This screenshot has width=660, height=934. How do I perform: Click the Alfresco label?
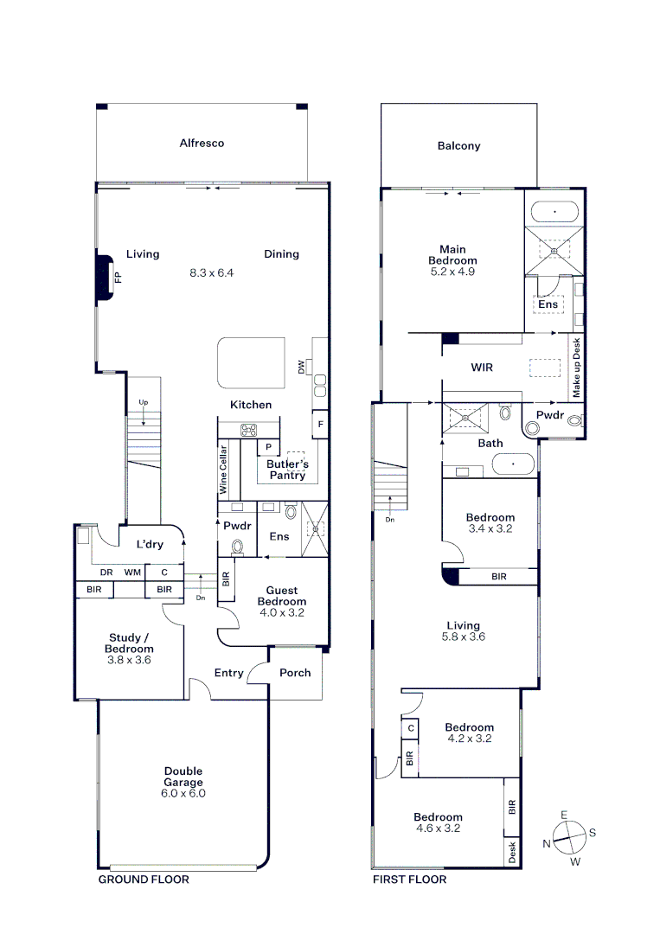(x=202, y=143)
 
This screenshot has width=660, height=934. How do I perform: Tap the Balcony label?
(x=458, y=146)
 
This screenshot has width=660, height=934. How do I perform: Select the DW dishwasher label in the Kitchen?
(x=301, y=367)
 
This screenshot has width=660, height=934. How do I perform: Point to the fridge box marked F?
(x=320, y=425)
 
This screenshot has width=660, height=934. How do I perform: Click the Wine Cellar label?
(x=223, y=470)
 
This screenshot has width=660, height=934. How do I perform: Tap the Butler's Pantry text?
(x=287, y=470)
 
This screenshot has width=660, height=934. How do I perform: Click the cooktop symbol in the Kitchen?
(x=248, y=430)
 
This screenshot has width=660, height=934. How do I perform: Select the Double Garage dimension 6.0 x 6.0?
(x=183, y=793)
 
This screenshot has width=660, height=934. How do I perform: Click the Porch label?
(x=295, y=673)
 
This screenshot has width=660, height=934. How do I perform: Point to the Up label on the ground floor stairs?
(x=144, y=403)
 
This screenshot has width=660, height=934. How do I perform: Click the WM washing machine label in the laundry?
(x=132, y=573)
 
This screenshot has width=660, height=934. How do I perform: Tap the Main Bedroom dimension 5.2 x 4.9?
(x=452, y=272)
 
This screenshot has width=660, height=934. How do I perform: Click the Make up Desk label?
(x=577, y=368)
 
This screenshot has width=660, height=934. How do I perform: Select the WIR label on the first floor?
(x=482, y=368)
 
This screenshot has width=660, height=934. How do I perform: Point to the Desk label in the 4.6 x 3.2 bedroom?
(x=512, y=852)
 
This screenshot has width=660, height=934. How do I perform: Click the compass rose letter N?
(x=546, y=843)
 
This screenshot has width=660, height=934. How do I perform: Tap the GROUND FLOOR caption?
(x=144, y=880)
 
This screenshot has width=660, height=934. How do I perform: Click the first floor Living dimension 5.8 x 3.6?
(x=464, y=637)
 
